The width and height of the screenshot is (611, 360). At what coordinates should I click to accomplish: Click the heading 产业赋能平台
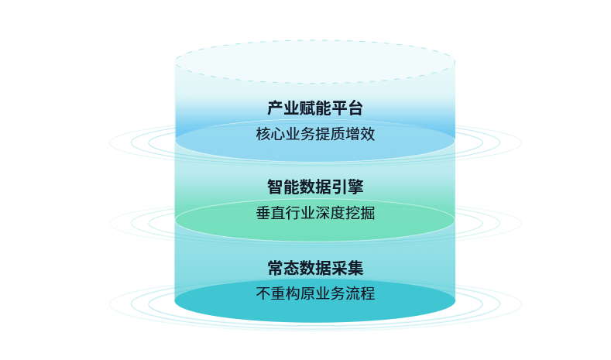click(314, 108)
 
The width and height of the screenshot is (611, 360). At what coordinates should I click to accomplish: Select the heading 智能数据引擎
click(314, 187)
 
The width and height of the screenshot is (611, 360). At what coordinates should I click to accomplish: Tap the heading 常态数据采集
click(314, 269)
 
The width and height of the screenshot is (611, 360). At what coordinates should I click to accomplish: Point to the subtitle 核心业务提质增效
click(314, 134)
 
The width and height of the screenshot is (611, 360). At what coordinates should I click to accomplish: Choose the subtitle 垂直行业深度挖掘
click(314, 213)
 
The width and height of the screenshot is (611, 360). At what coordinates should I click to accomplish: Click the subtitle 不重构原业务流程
click(314, 294)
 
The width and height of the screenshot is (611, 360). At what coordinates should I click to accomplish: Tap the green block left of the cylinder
click(141, 223)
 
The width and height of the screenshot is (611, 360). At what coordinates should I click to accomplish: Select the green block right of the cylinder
click(486, 223)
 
